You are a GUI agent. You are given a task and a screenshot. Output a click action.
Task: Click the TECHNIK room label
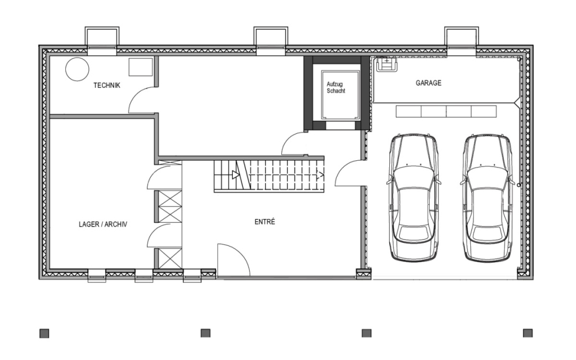pyautogui.click(x=106, y=85)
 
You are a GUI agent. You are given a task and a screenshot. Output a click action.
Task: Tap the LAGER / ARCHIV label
pyautogui.click(x=103, y=224)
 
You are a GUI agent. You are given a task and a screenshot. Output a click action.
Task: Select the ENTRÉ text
pyautogui.click(x=265, y=222)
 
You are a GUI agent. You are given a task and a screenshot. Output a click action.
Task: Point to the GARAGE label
pyautogui.click(x=428, y=83)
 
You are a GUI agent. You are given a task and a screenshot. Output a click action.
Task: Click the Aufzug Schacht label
pyautogui.click(x=336, y=87)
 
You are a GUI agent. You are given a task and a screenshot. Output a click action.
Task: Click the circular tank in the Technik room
pyautogui.click(x=77, y=69)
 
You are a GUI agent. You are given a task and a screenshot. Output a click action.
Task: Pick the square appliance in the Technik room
pyautogui.click(x=140, y=67)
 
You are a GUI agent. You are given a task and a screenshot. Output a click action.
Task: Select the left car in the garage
pyautogui.click(x=414, y=197)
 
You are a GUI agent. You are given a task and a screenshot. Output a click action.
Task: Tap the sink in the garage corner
pyautogui.click(x=387, y=65)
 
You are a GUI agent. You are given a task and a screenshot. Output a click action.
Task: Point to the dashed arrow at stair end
pyautogui.click(x=320, y=175)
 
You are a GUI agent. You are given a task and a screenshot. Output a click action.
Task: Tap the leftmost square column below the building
pyautogui.click(x=44, y=333)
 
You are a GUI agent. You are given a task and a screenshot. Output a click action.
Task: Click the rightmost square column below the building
pyautogui.click(x=528, y=333)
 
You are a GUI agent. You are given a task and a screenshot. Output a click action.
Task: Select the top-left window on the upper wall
pyautogui.click(x=102, y=41)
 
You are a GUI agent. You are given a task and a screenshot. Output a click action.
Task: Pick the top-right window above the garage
pyautogui.click(x=461, y=41)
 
